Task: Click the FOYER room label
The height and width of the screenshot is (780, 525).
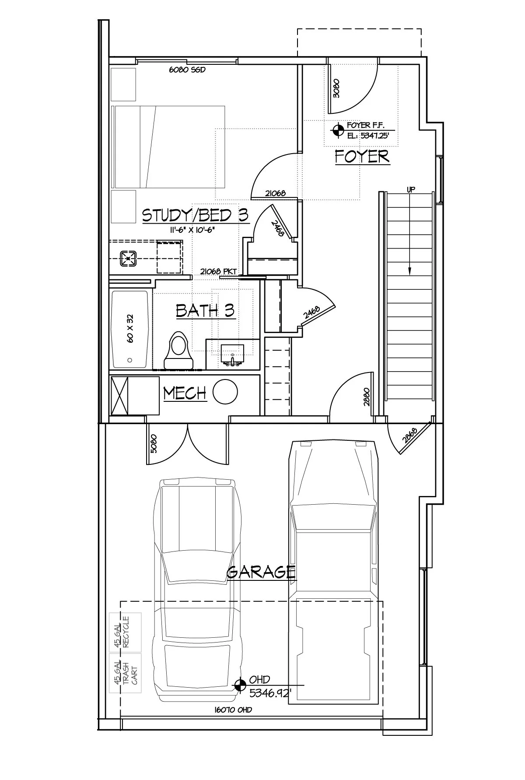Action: pyautogui.click(x=362, y=156)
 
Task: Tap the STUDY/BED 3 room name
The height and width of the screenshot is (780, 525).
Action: pyautogui.click(x=196, y=215)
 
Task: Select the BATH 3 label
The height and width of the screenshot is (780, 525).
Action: pyautogui.click(x=205, y=310)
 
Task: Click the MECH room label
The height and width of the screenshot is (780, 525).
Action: pyautogui.click(x=185, y=393)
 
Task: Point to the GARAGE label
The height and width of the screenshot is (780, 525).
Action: pyautogui.click(x=261, y=572)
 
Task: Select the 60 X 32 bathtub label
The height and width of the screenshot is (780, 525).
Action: pyautogui.click(x=130, y=328)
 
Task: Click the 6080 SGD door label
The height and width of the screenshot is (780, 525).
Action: pyautogui.click(x=187, y=70)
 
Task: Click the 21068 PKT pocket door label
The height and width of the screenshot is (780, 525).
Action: pyautogui.click(x=218, y=271)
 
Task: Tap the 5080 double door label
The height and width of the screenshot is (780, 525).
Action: pyautogui.click(x=153, y=443)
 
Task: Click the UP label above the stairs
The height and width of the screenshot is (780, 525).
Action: pyautogui.click(x=411, y=190)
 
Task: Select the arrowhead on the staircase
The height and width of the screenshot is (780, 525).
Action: pyautogui.click(x=410, y=271)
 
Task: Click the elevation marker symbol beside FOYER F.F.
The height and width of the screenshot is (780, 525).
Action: pyautogui.click(x=337, y=130)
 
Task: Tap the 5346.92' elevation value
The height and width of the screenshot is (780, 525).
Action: pyautogui.click(x=270, y=693)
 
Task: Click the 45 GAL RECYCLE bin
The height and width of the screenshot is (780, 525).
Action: pyautogui.click(x=125, y=632)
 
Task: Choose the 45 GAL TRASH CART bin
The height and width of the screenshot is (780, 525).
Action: pyautogui.click(x=125, y=673)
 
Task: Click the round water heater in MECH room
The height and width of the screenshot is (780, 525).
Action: pyautogui.click(x=225, y=391)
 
